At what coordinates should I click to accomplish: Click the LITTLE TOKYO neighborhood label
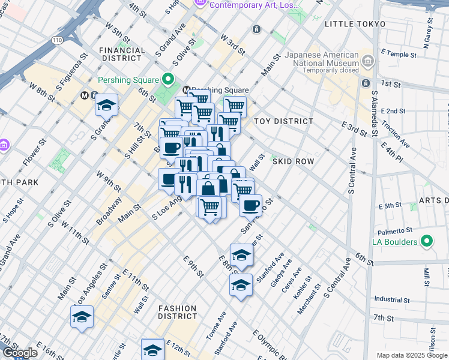coord(354,23)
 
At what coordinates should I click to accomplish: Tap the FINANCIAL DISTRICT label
coord(122,55)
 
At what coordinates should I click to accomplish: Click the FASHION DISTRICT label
coord(178,311)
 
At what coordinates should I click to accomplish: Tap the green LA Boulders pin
coord(427,242)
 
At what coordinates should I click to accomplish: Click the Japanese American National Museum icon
coord(367,61)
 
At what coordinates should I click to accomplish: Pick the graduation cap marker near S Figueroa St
coord(106,105)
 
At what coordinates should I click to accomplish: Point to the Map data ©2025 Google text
coord(412,355)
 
